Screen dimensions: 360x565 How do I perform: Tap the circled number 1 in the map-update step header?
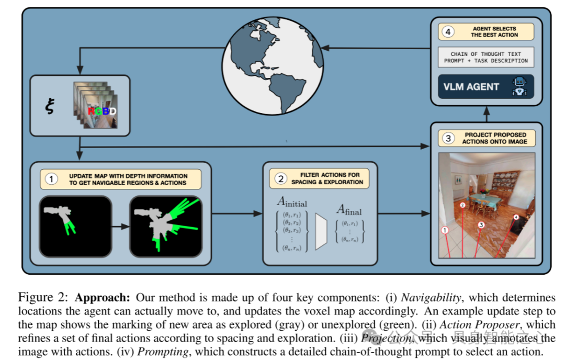coord(51,179)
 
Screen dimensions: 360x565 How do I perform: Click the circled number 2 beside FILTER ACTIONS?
coord(281,178)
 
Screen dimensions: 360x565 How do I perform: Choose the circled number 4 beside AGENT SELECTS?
coord(447,31)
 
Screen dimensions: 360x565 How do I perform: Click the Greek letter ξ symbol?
coord(49,108)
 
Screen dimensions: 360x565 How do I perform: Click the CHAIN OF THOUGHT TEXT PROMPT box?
coord(485,57)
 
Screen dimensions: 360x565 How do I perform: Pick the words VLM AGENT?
coord(471,87)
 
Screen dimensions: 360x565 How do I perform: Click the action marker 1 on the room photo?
coord(445,230)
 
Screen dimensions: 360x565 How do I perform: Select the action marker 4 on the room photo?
coord(516,217)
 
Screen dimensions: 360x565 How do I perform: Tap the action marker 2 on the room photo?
coord(462,206)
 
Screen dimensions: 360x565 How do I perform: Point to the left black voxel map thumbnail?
coord(75,226)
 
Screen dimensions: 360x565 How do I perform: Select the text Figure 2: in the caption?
coord(44,298)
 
